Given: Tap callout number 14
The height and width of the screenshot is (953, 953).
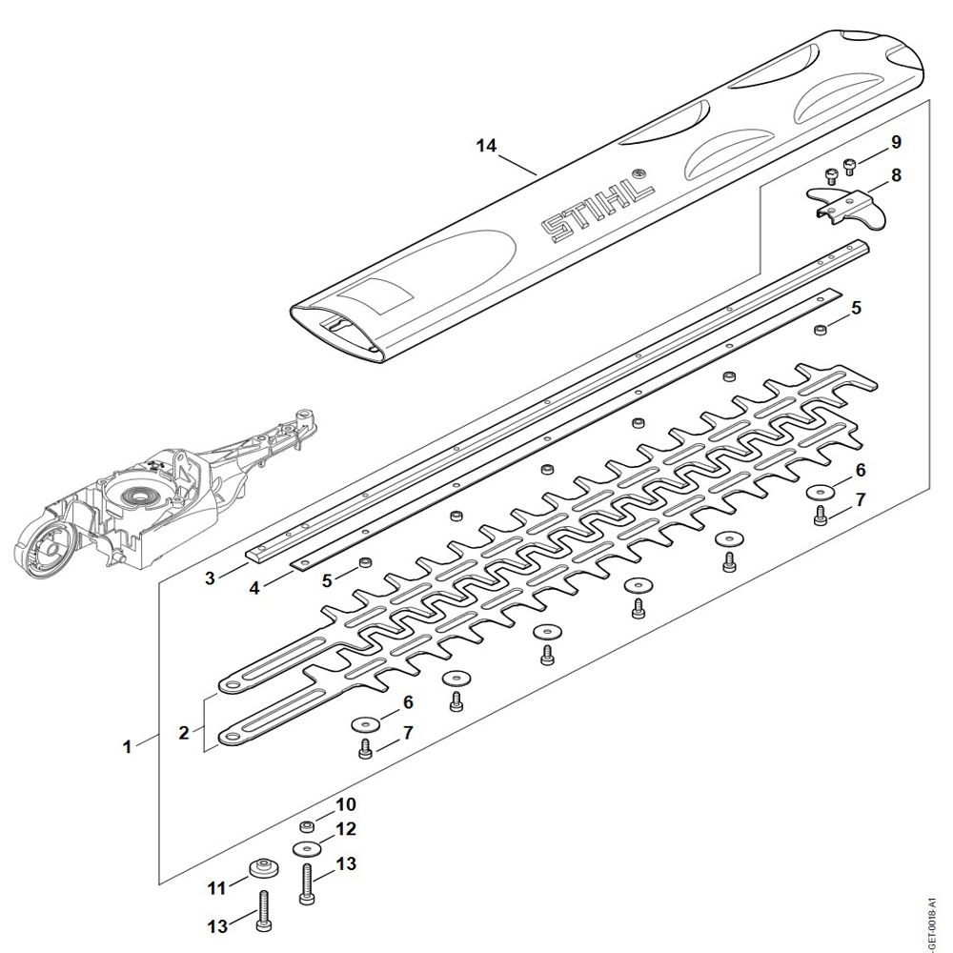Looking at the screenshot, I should coord(487,146).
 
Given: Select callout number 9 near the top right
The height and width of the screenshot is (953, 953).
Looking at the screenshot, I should coord(896,142).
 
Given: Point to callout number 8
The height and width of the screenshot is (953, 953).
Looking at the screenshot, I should coord(896,175).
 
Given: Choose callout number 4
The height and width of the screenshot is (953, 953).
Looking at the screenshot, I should coord(254,588).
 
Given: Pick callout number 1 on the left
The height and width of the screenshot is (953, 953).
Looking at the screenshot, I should coord(127,746).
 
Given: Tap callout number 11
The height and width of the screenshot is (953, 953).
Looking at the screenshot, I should coord(216,887).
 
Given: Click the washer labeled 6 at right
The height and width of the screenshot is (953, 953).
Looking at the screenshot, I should coord(820,492).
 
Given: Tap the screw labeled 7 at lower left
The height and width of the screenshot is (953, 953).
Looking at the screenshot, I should coord(365,750).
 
